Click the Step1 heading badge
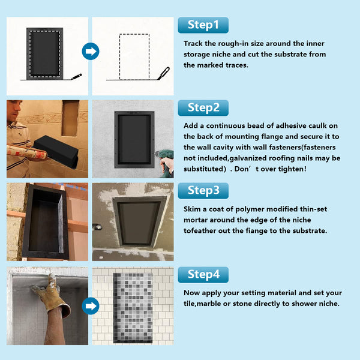(203, 25)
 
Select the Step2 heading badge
(203, 108)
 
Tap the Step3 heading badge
(203, 191)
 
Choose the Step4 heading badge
(203, 274)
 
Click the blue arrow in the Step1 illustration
(91, 52)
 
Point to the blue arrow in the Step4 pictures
(91, 307)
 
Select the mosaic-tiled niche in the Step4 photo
(133, 306)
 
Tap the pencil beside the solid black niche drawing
(75, 77)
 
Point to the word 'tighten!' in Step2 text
(290, 169)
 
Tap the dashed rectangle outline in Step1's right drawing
(130, 56)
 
